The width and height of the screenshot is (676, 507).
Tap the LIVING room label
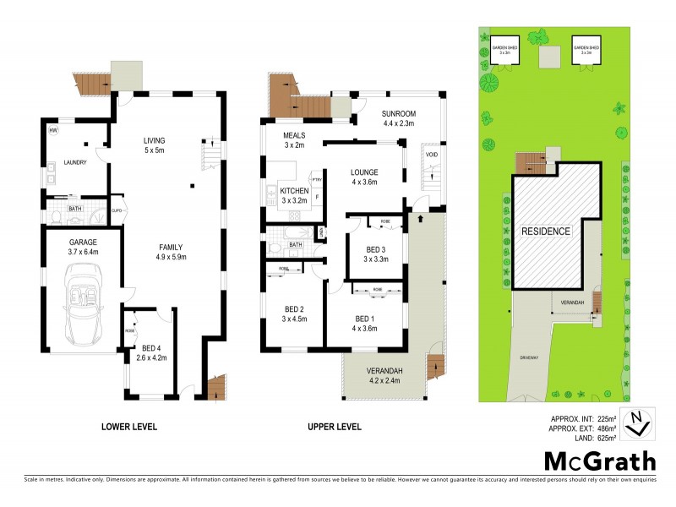pos(154,140)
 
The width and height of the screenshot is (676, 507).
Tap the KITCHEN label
pos(293,192)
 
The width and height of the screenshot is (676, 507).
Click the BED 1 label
pos(365,318)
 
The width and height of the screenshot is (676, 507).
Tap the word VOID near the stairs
pos(431,155)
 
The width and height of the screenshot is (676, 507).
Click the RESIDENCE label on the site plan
pos(545,231)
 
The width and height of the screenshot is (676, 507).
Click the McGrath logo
pos(598,461)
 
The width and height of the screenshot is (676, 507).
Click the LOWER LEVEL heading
pos(128,427)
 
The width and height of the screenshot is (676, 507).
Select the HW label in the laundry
pos(52,131)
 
